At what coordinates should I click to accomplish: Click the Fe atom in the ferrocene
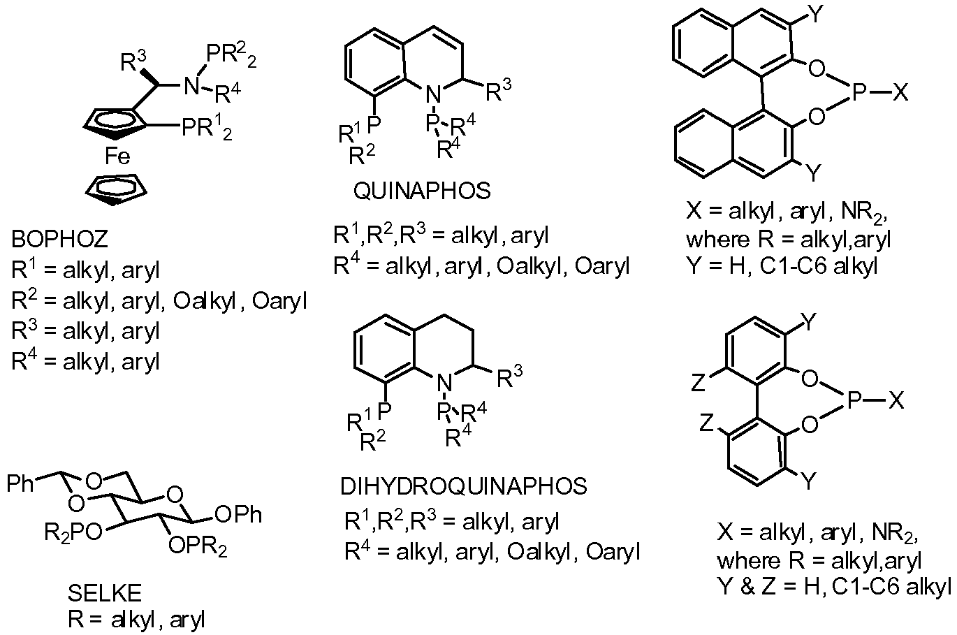(117, 157)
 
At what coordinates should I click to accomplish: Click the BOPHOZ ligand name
(59, 240)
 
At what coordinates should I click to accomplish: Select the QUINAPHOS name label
(422, 191)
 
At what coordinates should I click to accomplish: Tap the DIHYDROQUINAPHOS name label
(463, 485)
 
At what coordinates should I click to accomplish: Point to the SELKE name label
(104, 594)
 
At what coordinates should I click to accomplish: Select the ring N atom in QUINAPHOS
(434, 92)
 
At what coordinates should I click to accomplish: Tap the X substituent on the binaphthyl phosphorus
(900, 92)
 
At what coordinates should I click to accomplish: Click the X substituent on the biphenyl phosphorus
(897, 400)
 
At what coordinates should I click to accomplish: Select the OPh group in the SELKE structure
(239, 516)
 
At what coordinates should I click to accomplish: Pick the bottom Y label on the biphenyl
(808, 481)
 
